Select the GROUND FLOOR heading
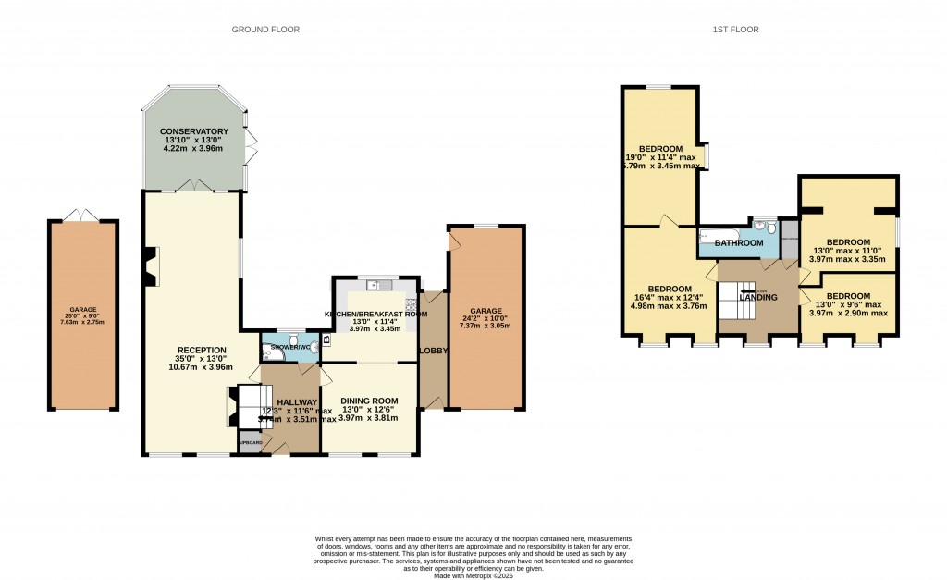click(x=265, y=30)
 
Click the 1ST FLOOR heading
click(x=735, y=30)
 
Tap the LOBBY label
click(x=433, y=351)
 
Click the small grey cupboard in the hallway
click(x=250, y=442)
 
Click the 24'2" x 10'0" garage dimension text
click(x=486, y=318)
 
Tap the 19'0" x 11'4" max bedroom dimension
click(x=662, y=157)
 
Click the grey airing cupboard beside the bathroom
click(x=789, y=239)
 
